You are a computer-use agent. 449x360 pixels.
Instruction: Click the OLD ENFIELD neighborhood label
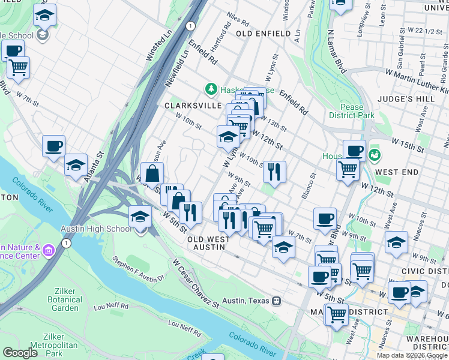click(264, 34)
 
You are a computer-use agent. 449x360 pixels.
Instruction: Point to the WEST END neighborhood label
click(397, 172)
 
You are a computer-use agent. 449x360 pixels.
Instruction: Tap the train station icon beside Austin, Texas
click(277, 301)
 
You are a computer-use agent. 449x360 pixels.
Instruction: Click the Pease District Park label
click(351, 110)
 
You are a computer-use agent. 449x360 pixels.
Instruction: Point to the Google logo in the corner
click(20, 352)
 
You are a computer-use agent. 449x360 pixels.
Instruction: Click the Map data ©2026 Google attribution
click(412, 355)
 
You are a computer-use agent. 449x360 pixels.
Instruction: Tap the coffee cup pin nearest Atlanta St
click(53, 146)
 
